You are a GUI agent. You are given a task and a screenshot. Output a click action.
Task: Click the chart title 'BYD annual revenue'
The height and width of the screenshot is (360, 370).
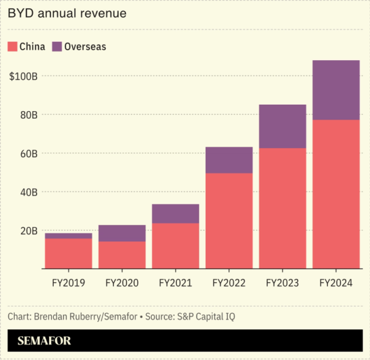click(67, 13)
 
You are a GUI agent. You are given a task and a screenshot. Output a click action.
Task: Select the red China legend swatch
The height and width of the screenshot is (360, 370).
click(12, 46)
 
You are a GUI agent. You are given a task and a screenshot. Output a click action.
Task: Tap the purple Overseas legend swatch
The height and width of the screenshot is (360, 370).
click(57, 46)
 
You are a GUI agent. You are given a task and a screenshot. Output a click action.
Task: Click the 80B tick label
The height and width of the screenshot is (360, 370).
click(27, 115)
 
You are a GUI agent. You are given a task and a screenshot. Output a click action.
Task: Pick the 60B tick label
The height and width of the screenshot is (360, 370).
click(27, 153)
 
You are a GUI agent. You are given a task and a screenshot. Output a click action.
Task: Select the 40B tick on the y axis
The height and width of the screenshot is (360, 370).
click(27, 192)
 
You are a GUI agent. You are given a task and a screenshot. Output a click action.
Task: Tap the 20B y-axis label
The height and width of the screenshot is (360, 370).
click(27, 230)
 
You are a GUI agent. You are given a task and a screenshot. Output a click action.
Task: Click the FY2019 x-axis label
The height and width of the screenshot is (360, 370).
click(68, 284)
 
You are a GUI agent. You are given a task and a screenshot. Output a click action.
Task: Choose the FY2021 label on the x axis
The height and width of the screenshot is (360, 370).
click(175, 284)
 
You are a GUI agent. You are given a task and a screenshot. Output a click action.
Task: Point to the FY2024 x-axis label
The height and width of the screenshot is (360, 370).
click(336, 284)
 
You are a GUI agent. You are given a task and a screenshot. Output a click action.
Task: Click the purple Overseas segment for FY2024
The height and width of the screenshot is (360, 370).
click(336, 90)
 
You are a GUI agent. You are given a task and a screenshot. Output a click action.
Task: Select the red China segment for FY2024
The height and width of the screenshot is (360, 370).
click(336, 194)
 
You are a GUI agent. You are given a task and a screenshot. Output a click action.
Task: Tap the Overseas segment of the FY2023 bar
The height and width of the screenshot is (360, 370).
click(282, 126)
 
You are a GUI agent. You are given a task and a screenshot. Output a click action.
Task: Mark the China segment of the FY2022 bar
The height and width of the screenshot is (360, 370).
click(229, 221)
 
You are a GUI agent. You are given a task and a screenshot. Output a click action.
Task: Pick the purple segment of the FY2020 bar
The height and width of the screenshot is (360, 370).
click(122, 233)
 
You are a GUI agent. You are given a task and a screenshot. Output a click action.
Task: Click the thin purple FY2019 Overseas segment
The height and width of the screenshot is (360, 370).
click(68, 236)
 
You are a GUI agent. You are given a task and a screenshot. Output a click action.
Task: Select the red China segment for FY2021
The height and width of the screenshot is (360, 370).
click(175, 245)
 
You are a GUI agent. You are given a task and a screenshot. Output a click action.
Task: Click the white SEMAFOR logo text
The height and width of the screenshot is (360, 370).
click(44, 341)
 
